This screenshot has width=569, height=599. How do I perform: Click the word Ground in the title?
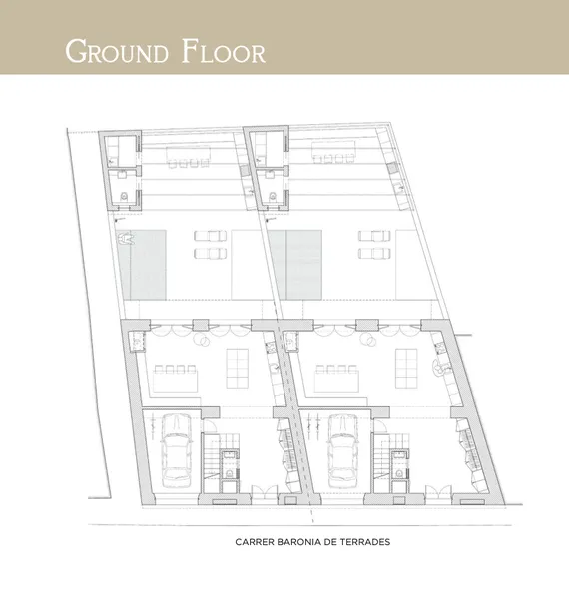coord(117,51)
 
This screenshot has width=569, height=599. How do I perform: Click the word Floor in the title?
coord(224,51)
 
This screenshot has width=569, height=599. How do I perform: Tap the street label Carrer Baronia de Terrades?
coord(312,542)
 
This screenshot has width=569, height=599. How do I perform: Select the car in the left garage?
coord(176,451)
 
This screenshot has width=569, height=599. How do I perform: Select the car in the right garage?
coord(342,451)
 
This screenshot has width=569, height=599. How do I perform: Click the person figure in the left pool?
coord(125,238)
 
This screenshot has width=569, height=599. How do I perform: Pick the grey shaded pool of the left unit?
coord(142,265)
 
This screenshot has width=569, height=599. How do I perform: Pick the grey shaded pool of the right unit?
coord(295,265)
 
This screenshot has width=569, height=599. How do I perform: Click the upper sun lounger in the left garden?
coord(210,236)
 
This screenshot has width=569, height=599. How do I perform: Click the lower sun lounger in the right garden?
coord(374,253)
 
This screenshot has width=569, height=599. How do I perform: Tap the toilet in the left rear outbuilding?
coord(124,197)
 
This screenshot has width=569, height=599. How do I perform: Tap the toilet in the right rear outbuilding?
coord(273,197)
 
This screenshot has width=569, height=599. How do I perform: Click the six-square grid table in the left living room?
coord(238,369)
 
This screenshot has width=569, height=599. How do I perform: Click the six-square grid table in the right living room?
coord(406,369)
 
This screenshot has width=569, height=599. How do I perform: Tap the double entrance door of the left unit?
coord(265,492)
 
